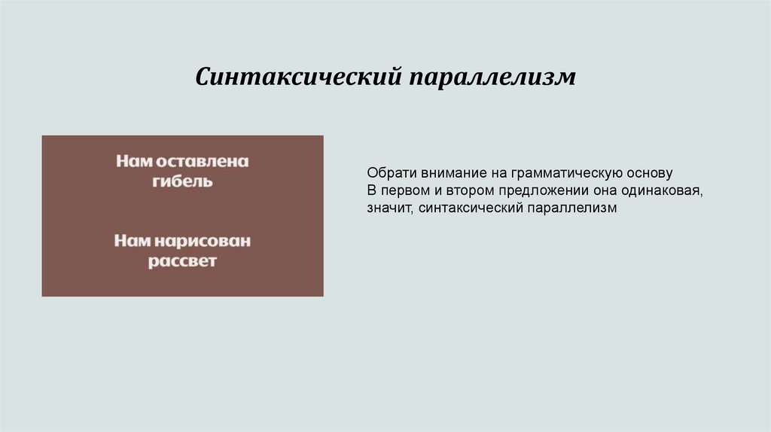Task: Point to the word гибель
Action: pyautogui.click(x=182, y=181)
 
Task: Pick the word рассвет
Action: pyautogui.click(x=182, y=262)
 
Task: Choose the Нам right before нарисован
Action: pyautogui.click(x=132, y=242)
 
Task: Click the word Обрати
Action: pyautogui.click(x=387, y=172)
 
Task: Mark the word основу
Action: pyautogui.click(x=639, y=172)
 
